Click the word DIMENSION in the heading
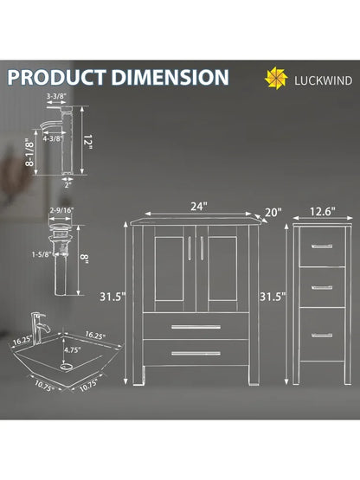170,77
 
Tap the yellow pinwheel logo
276,78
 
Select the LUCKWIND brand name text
323,80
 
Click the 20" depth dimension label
273,212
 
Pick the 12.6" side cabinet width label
322,211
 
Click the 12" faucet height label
88,142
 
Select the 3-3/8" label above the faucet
56,96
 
